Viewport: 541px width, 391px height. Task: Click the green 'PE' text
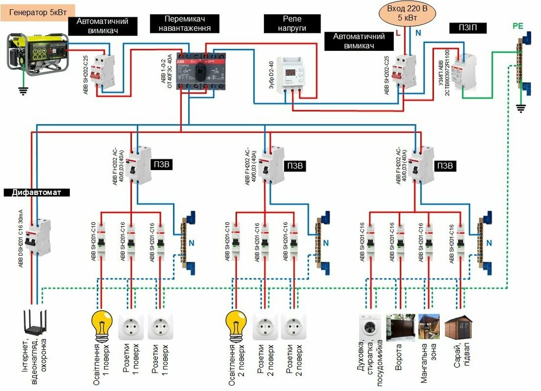(518, 25)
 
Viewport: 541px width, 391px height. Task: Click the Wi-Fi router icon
(34, 324)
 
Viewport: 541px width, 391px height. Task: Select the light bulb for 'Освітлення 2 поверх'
(235, 324)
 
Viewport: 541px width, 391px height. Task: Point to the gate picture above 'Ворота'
(399, 327)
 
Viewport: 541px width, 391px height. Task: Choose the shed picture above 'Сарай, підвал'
(456, 327)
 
